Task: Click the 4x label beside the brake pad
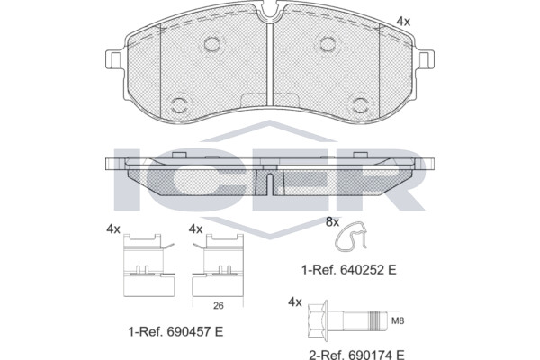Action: coord(403,22)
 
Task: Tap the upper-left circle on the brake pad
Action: coord(211,44)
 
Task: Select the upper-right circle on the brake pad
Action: coord(328,44)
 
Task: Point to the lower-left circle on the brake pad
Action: coord(179,104)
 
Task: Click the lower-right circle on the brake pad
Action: coord(360,104)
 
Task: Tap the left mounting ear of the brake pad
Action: coord(113,59)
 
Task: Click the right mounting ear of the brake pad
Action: coord(427,59)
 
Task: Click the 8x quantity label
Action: coord(332,222)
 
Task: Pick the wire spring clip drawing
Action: coord(351,236)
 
